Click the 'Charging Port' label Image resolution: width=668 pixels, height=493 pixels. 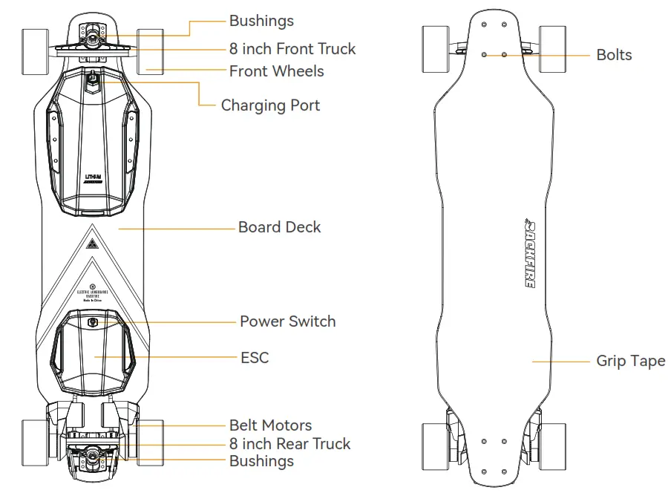pos(270,105)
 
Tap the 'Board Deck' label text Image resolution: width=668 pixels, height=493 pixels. pos(279,227)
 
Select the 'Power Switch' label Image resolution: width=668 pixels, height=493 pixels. pos(287,321)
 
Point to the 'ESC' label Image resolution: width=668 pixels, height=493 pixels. pos(255,358)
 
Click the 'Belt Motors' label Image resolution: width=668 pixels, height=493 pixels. pos(270,425)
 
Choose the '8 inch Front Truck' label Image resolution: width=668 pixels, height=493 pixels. pos(292,49)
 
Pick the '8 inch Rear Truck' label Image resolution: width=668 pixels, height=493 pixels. pos(289,444)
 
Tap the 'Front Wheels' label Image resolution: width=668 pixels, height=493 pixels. pos(276,71)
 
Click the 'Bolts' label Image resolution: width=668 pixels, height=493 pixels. pos(614,55)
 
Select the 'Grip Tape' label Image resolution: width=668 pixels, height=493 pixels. pos(630,362)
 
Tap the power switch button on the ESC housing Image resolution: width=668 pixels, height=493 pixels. pos(93,322)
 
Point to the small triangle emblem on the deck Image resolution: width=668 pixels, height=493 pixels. pos(93,244)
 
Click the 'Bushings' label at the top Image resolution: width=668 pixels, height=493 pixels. pos(261,21)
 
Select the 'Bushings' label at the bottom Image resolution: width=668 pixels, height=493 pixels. pos(261,461)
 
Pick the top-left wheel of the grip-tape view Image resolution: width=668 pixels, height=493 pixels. pos(435,49)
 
